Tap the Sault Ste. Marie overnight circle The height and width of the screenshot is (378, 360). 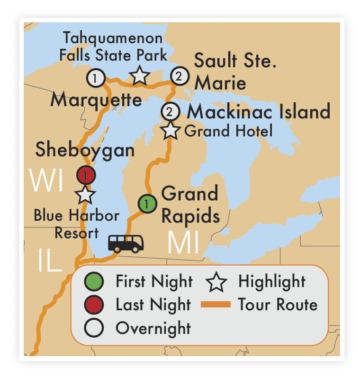[x=179, y=76]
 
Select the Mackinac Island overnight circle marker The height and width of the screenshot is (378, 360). [x=170, y=112]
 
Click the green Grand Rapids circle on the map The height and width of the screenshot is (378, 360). [x=147, y=204]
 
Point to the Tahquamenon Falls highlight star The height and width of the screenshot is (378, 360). [x=139, y=76]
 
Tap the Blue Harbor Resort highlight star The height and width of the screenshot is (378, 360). [x=86, y=194]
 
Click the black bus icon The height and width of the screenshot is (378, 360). [x=126, y=243]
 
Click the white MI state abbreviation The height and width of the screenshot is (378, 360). [x=183, y=243]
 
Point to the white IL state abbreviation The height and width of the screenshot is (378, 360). [x=50, y=261]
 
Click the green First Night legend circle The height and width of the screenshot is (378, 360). [x=94, y=282]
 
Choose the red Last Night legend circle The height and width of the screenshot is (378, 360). [x=94, y=305]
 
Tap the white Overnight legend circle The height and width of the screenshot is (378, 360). [x=94, y=328]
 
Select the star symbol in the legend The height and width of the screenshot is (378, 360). [x=216, y=282]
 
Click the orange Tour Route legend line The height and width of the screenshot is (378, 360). [x=216, y=305]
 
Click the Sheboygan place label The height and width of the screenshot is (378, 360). [x=85, y=150]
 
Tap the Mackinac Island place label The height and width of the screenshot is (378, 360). [x=258, y=112]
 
